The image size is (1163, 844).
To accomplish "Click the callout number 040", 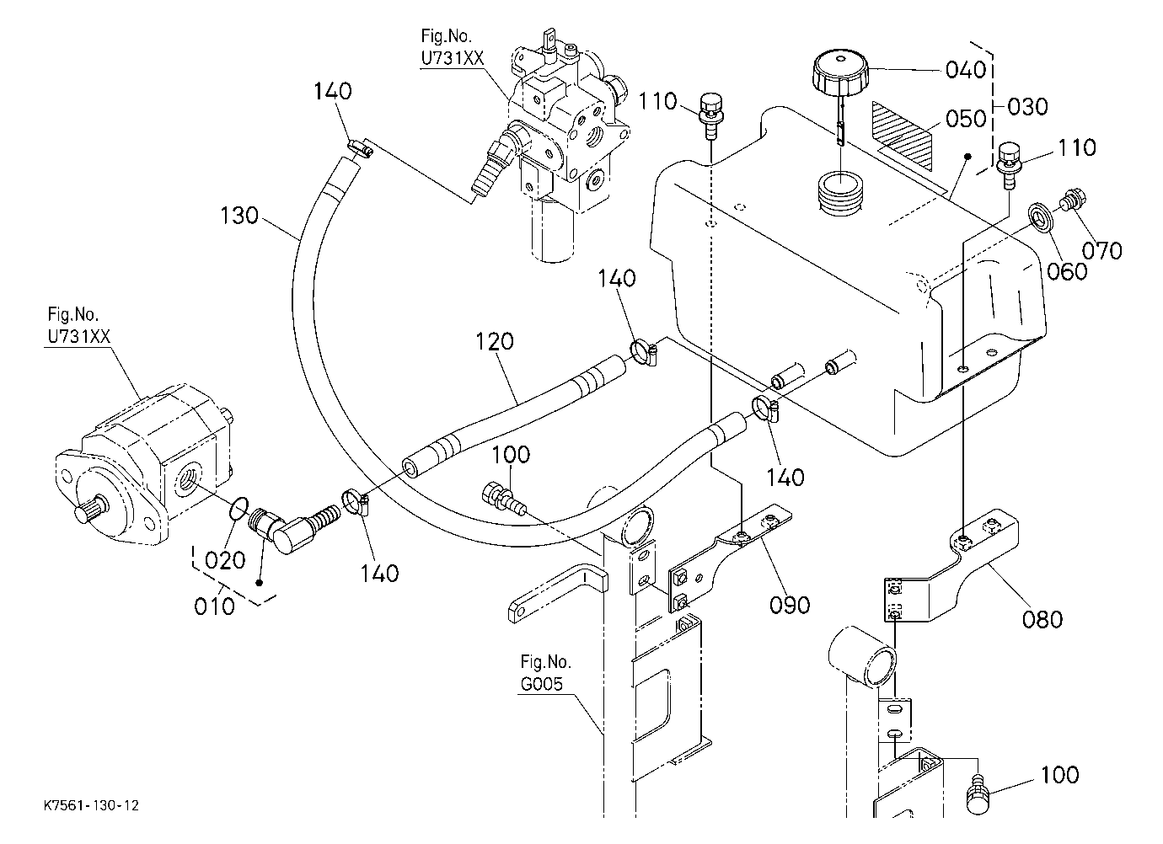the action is [x=965, y=70].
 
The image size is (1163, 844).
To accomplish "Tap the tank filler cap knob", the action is [x=840, y=72].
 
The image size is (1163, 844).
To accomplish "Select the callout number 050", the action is [x=966, y=119].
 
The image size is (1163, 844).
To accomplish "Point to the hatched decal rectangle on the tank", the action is [x=902, y=135].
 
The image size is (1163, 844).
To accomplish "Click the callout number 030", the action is [x=1027, y=107].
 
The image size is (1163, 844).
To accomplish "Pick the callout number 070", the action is [x=1101, y=251].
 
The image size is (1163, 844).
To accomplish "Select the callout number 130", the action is [x=239, y=216].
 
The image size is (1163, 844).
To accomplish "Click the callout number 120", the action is [x=494, y=341].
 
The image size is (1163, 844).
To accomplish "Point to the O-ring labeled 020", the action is [x=238, y=508].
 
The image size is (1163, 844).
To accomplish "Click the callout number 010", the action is [x=214, y=606].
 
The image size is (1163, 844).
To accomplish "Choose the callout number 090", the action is [x=789, y=606].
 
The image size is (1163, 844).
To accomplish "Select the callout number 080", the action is [x=1042, y=619].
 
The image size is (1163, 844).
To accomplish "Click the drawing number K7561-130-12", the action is [x=91, y=805].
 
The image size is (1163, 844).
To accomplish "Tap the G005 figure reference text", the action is [x=542, y=684].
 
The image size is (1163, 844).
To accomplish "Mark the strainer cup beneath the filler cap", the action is [x=840, y=193].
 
